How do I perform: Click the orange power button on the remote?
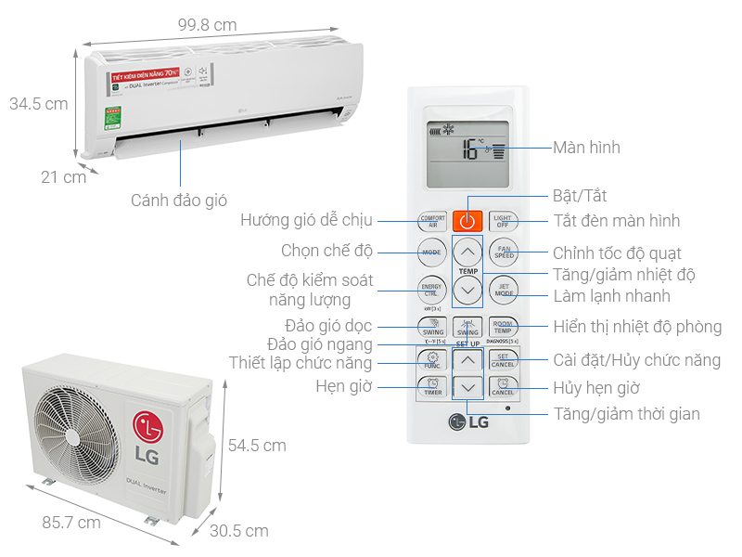[x=467, y=221]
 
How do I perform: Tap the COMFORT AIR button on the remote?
[x=432, y=221]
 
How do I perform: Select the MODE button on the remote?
[x=432, y=253]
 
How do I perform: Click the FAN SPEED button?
[x=503, y=253]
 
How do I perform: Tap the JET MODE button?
[x=503, y=289]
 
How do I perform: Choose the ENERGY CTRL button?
[x=432, y=289]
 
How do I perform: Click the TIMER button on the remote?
[x=433, y=388]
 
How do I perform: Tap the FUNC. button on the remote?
[x=433, y=360]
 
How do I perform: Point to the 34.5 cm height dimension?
[x=39, y=104]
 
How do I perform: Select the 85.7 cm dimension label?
[x=71, y=523]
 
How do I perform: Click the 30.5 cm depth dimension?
[x=238, y=531]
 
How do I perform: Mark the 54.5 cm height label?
[x=257, y=446]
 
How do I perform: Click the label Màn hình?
[x=586, y=148]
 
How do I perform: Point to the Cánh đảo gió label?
[x=179, y=200]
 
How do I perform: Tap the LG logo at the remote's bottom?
[x=468, y=422]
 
